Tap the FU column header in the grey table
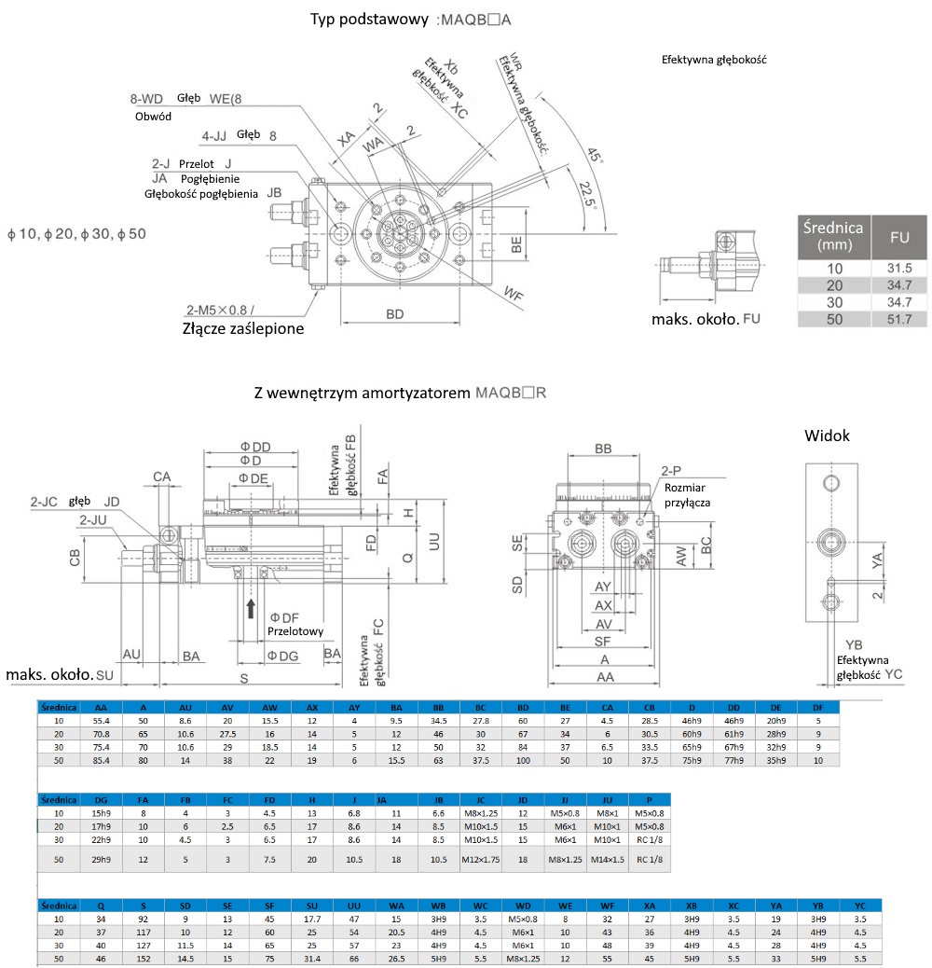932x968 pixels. click(898, 238)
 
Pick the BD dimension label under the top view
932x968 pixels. click(395, 314)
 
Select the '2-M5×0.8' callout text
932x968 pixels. click(219, 311)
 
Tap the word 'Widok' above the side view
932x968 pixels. click(828, 436)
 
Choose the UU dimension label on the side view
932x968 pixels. click(432, 541)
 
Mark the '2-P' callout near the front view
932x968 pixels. click(672, 471)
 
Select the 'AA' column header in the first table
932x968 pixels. click(103, 707)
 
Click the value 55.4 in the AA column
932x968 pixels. click(103, 721)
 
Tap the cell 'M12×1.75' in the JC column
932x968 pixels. click(481, 859)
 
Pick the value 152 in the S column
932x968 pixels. click(143, 958)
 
